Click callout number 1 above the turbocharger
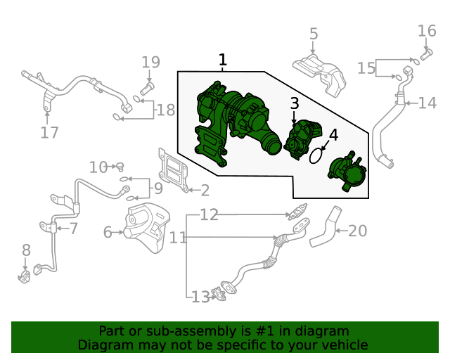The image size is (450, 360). tap(223, 60)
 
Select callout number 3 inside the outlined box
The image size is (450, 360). tap(295, 104)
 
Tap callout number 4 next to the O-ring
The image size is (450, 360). tap(333, 134)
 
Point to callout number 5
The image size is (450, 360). tap(314, 33)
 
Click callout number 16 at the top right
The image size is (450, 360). tap(427, 30)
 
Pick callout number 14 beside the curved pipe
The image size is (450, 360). tap(427, 103)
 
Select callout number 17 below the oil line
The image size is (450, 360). tap(49, 132)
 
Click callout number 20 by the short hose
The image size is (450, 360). tap(358, 230)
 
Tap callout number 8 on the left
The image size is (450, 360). tap(26, 250)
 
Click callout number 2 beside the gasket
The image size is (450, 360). tap(205, 190)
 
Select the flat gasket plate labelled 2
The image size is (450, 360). tap(173, 170)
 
